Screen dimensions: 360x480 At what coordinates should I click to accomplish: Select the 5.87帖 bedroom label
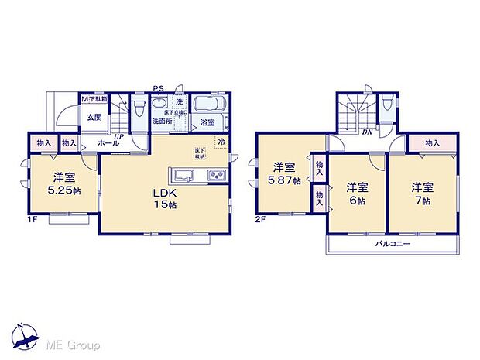pyautogui.click(x=282, y=180)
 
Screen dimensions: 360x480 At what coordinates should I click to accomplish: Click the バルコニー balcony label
pyautogui.click(x=393, y=244)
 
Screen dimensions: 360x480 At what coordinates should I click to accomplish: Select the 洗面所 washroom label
pyautogui.click(x=161, y=122)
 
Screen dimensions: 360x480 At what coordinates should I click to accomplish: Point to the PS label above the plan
pyautogui.click(x=158, y=87)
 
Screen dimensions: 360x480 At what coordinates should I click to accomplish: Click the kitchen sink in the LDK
pyautogui.click(x=184, y=173)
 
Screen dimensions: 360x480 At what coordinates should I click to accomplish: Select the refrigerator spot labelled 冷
pyautogui.click(x=221, y=142)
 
